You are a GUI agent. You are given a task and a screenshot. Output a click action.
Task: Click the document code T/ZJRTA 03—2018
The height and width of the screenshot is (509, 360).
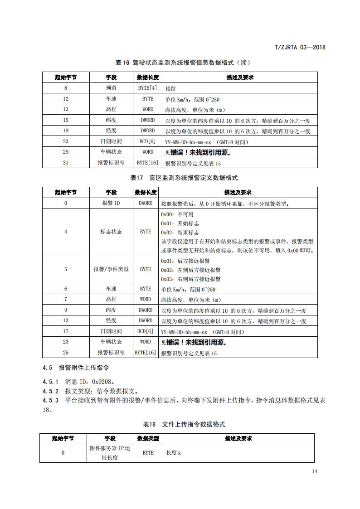(x=301, y=47)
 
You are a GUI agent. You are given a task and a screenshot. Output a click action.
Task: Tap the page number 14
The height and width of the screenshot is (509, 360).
(x=315, y=471)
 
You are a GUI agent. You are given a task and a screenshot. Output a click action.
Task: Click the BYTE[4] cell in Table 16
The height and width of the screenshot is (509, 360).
(x=147, y=88)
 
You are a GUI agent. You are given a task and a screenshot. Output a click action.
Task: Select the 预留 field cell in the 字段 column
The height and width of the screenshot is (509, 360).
(x=111, y=88)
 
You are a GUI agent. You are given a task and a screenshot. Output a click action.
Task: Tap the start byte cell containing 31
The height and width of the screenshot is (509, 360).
(x=66, y=163)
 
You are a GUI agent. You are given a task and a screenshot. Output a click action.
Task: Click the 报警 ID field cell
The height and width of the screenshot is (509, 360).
(x=111, y=203)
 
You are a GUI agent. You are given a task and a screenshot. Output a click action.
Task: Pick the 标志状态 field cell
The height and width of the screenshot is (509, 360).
(x=111, y=232)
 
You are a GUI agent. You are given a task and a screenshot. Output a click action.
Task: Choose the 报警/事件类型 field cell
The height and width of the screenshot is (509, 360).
(x=111, y=269)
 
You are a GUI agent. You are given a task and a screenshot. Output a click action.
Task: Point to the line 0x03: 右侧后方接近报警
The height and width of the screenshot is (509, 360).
(x=191, y=279)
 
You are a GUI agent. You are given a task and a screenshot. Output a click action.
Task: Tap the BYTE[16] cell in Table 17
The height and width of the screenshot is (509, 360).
(x=146, y=353)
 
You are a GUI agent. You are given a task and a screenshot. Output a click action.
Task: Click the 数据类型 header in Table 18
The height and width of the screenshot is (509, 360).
(x=148, y=438)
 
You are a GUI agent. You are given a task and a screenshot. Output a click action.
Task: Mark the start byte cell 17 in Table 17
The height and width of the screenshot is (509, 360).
(x=66, y=331)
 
